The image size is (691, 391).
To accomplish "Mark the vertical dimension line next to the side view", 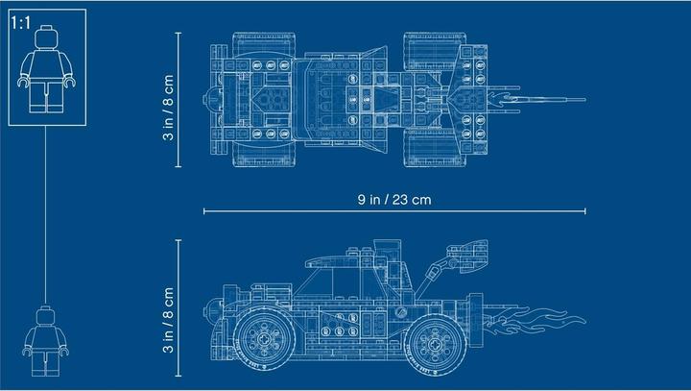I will click(x=180, y=307).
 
